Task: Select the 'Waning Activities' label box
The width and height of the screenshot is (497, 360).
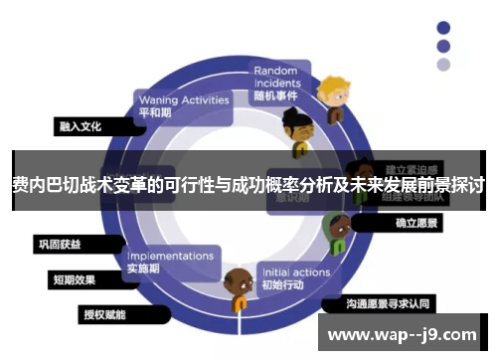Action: [x=183, y=105]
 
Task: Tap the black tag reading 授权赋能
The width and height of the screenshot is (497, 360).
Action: [x=107, y=315]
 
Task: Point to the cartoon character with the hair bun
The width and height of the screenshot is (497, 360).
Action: [x=295, y=127]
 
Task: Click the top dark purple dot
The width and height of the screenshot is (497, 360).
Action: [x=443, y=27]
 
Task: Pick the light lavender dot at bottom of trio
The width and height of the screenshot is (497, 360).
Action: [x=443, y=65]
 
